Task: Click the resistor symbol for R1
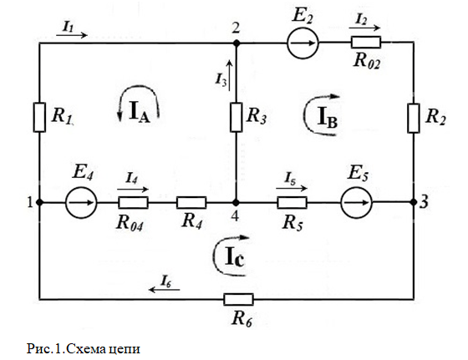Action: pos(39,117)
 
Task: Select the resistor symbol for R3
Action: pos(236,117)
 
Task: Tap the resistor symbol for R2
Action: pos(414,118)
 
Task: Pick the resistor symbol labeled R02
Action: pos(366,43)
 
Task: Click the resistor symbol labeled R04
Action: pos(133,202)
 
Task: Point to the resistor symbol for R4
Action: pos(191,202)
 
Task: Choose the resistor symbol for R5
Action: pos(292,202)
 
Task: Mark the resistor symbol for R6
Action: pos(238,300)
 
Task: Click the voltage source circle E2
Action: pos(303,43)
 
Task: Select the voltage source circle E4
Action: pos(81,202)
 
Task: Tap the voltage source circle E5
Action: pos(356,202)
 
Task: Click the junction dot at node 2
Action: pos(237,43)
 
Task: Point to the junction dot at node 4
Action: pos(236,203)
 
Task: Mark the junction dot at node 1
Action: pos(39,202)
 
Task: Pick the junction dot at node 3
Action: pos(414,202)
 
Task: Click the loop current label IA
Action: pos(139,112)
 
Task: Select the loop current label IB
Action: pos(328,117)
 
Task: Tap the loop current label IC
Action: pos(235,256)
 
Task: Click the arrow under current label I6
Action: pos(165,289)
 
